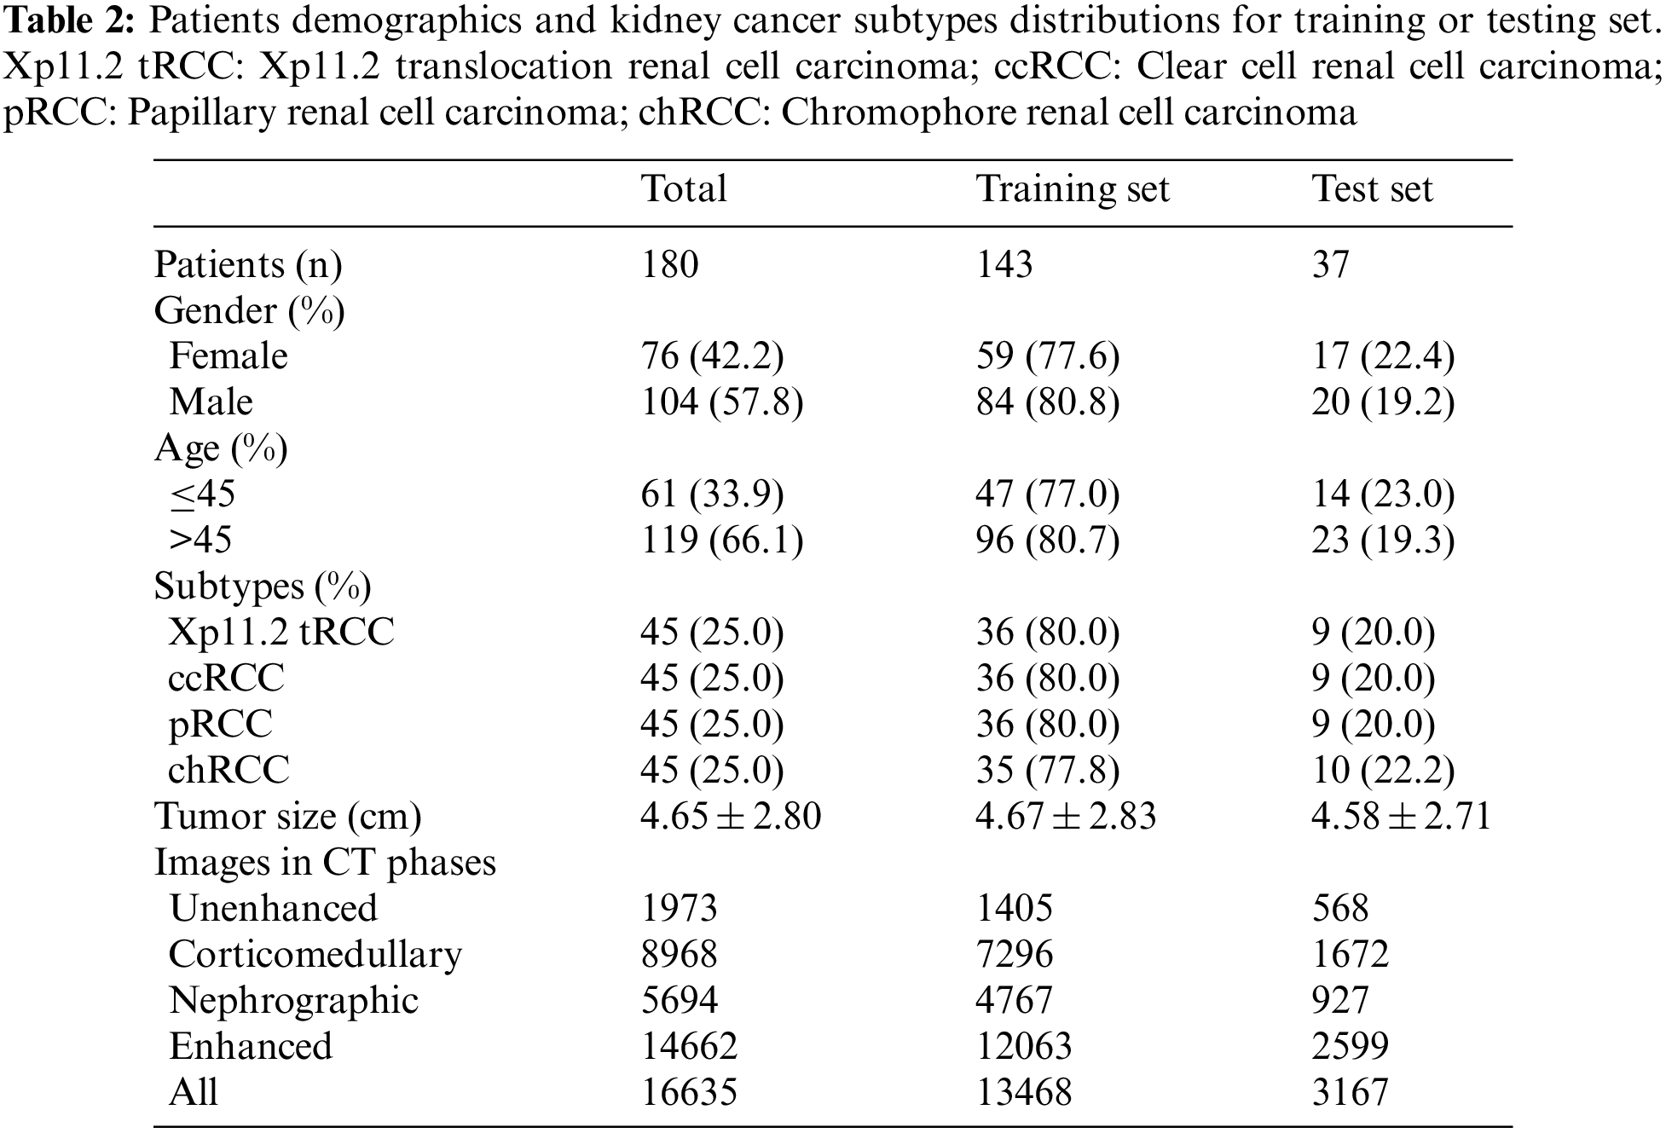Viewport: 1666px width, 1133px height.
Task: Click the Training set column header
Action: pyautogui.click(x=1072, y=189)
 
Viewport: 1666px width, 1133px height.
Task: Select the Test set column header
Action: pyautogui.click(x=1372, y=189)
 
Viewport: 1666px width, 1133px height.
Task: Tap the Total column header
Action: pyautogui.click(x=684, y=189)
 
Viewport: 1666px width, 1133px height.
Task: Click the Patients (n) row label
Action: pyautogui.click(x=248, y=265)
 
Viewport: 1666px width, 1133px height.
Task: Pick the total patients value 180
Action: pyautogui.click(x=669, y=264)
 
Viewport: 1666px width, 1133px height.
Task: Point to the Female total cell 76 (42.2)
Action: pyautogui.click(x=712, y=356)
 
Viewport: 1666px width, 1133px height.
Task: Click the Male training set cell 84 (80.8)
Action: pyautogui.click(x=1047, y=402)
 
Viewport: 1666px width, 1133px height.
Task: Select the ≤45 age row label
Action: pyautogui.click(x=202, y=494)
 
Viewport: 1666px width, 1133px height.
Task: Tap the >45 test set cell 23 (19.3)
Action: pyautogui.click(x=1382, y=540)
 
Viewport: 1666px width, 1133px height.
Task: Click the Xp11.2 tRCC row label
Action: pyautogui.click(x=281, y=633)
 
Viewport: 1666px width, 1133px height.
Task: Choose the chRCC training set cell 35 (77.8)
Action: pyautogui.click(x=1047, y=771)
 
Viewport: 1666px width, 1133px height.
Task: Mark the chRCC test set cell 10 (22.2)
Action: pyautogui.click(x=1382, y=771)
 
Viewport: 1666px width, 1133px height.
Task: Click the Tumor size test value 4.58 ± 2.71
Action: pyautogui.click(x=1401, y=817)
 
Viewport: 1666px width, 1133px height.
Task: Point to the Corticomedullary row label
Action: pyautogui.click(x=315, y=955)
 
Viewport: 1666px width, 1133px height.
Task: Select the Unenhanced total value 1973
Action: pyautogui.click(x=679, y=909)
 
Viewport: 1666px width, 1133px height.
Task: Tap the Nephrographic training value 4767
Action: pyautogui.click(x=1015, y=1001)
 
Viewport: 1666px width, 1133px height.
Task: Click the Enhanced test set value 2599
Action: pyautogui.click(x=1350, y=1047)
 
